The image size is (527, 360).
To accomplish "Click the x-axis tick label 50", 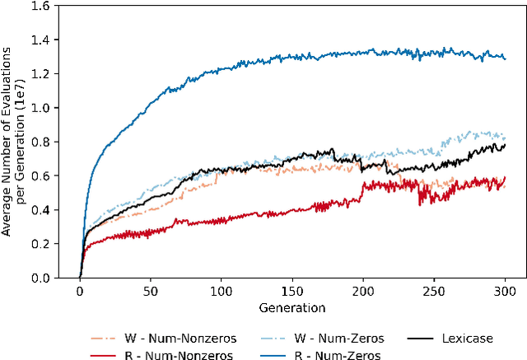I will click(x=151, y=292).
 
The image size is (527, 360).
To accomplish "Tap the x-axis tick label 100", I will click(x=222, y=292).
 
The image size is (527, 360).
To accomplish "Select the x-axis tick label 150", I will click(x=292, y=292).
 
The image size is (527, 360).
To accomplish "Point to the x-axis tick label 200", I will click(x=363, y=292).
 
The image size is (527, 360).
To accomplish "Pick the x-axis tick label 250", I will click(x=434, y=292).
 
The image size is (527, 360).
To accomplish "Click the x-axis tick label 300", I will click(x=505, y=292).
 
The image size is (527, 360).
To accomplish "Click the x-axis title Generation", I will click(x=292, y=308).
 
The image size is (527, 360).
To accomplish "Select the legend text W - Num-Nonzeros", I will click(x=189, y=339).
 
